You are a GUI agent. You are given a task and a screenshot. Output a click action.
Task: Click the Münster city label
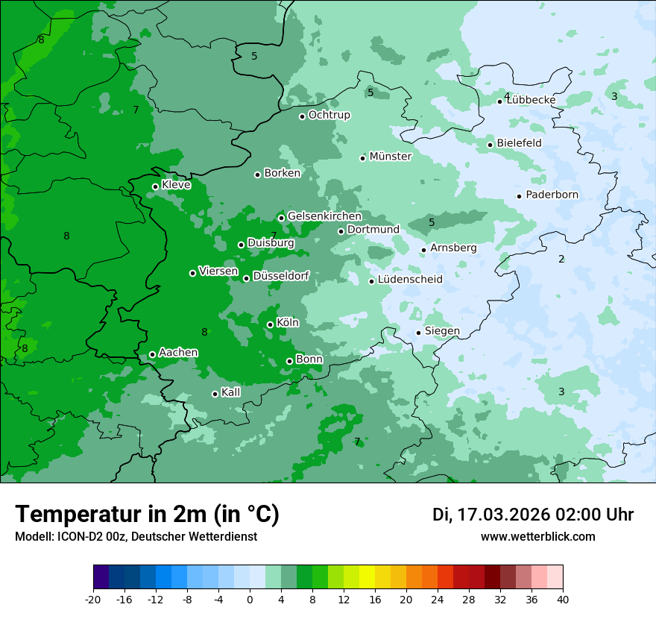[391, 157]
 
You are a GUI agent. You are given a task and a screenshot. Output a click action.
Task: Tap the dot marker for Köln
[270, 324]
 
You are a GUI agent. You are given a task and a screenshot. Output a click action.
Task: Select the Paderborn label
[552, 195]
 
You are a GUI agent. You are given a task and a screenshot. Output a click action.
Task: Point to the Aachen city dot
[152, 354]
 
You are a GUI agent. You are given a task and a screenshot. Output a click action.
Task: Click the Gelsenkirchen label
[324, 216]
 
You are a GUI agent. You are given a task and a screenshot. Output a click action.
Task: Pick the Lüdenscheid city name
[410, 280]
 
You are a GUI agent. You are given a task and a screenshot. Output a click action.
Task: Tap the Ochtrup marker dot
[302, 116]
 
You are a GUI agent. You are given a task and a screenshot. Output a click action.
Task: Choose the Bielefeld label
[519, 143]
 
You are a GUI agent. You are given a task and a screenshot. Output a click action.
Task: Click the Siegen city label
[442, 331]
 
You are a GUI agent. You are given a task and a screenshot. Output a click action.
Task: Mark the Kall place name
[231, 392]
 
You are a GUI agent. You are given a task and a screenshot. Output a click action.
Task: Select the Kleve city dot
[155, 186]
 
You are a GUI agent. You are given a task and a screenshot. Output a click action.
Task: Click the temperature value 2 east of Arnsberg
[561, 260]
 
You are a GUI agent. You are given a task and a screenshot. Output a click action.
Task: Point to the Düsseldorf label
[281, 276]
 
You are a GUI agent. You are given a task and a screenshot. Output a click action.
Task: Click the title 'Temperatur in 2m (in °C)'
[147, 515]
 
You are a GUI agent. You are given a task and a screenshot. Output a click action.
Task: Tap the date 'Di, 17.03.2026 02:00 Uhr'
[533, 515]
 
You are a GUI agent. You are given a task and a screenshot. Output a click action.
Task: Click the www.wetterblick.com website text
[537, 537]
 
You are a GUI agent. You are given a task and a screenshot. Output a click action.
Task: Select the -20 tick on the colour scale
[93, 599]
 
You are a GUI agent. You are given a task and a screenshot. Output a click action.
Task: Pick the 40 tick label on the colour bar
[563, 599]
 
